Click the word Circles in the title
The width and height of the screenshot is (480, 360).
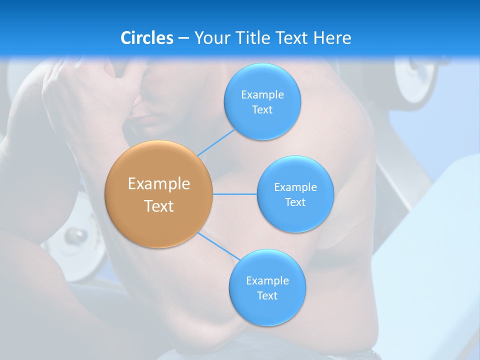coord(147,38)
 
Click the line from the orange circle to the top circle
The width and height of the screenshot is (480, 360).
coord(216,142)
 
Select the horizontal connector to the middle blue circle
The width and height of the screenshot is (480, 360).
coord(235,194)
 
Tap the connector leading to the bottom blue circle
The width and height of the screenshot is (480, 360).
coord(218,245)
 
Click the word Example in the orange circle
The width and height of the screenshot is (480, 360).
coord(159,184)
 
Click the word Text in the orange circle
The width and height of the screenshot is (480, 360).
coord(159,206)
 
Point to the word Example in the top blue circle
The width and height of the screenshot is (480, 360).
coord(262,95)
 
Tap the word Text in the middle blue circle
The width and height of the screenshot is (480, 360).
coord(295,202)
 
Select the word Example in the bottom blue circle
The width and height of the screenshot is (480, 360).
coord(267,281)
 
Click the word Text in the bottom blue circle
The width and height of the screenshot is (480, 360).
coord(267,296)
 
